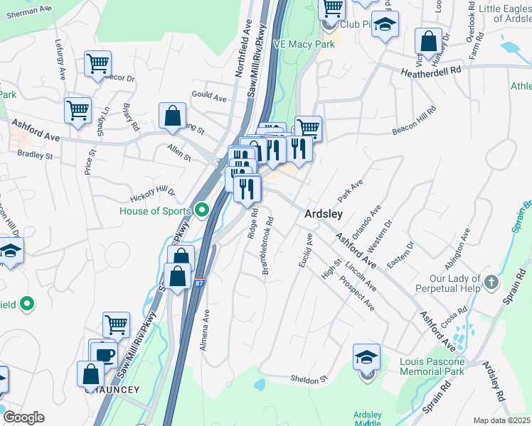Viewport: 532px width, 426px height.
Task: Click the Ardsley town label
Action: click(x=324, y=214)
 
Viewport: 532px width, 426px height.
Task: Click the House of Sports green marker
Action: click(x=202, y=211)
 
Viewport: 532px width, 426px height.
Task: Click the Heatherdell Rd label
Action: click(x=432, y=71)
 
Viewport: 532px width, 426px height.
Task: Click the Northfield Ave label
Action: click(x=240, y=59)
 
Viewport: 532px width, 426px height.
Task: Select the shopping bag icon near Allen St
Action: click(x=173, y=116)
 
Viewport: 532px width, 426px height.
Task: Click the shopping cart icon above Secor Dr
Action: click(x=97, y=63)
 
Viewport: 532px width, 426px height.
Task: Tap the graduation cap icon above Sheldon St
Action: click(x=366, y=356)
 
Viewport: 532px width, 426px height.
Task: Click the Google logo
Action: click(x=23, y=417)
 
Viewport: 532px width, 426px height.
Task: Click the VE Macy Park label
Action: click(x=304, y=44)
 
